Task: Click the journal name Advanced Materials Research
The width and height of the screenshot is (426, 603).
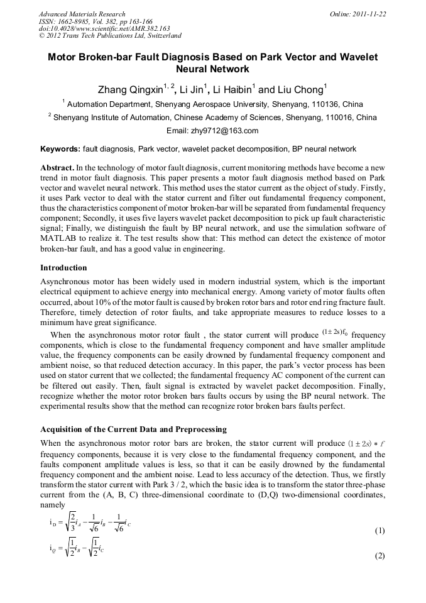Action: pyautogui.click(x=82, y=14)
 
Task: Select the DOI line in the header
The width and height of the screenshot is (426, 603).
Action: pyautogui.click(x=104, y=28)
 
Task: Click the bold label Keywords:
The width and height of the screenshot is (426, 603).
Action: pyautogui.click(x=60, y=150)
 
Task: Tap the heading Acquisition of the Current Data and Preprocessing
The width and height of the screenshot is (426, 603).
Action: pyautogui.click(x=133, y=429)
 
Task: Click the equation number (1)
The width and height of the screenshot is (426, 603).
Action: pyautogui.click(x=380, y=531)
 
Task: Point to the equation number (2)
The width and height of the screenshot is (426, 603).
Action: pyautogui.click(x=380, y=556)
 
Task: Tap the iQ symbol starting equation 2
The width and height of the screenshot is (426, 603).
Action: pyautogui.click(x=54, y=548)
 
